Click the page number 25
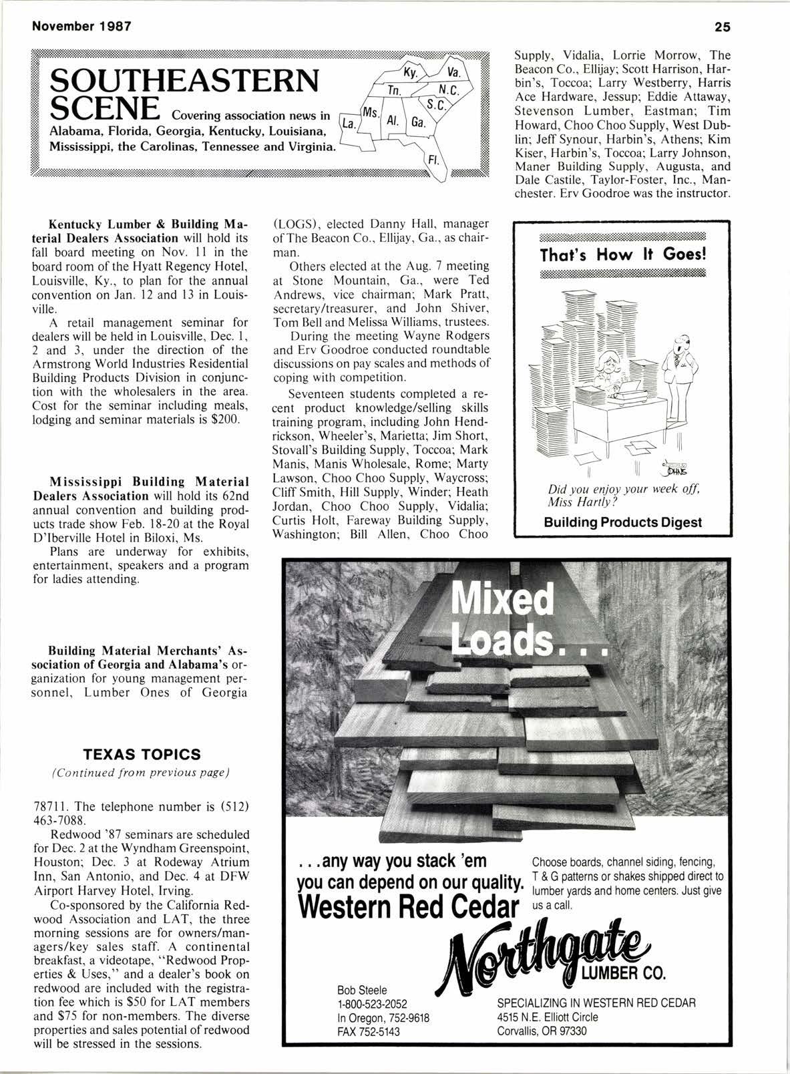tap(722, 27)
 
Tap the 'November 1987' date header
tap(73, 27)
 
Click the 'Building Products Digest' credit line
tap(622, 522)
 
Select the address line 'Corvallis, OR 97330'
tap(542, 1031)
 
